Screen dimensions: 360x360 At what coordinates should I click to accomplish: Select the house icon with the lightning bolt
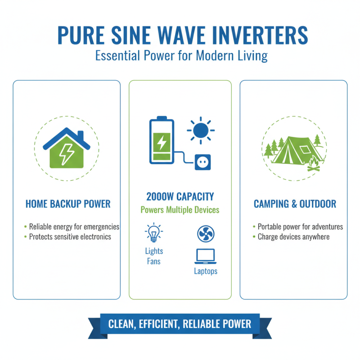pos(66,148)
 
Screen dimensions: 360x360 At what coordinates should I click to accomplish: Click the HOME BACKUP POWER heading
pos(68,204)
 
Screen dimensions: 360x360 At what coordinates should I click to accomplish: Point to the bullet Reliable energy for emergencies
pos(74,227)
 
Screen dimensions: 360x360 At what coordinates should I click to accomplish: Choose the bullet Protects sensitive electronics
pos(70,237)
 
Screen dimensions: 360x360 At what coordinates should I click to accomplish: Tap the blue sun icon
pos(200,130)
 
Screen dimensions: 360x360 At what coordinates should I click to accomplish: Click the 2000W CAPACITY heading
pos(180,197)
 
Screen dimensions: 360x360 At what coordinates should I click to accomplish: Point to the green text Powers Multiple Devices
pos(180,210)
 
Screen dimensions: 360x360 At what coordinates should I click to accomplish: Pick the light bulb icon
pos(154,233)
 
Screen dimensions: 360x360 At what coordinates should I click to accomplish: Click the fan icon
pos(206,234)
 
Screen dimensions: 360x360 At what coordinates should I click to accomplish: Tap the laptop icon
pos(206,256)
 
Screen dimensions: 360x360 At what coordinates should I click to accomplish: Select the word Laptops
pos(206,271)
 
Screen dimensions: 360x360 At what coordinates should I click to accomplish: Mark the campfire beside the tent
pos(312,165)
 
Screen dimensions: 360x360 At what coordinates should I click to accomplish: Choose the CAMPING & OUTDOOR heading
pos(295,204)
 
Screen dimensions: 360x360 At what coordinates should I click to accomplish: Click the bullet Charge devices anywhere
pos(293,237)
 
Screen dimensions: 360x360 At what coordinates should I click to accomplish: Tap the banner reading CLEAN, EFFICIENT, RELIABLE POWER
pos(180,324)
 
